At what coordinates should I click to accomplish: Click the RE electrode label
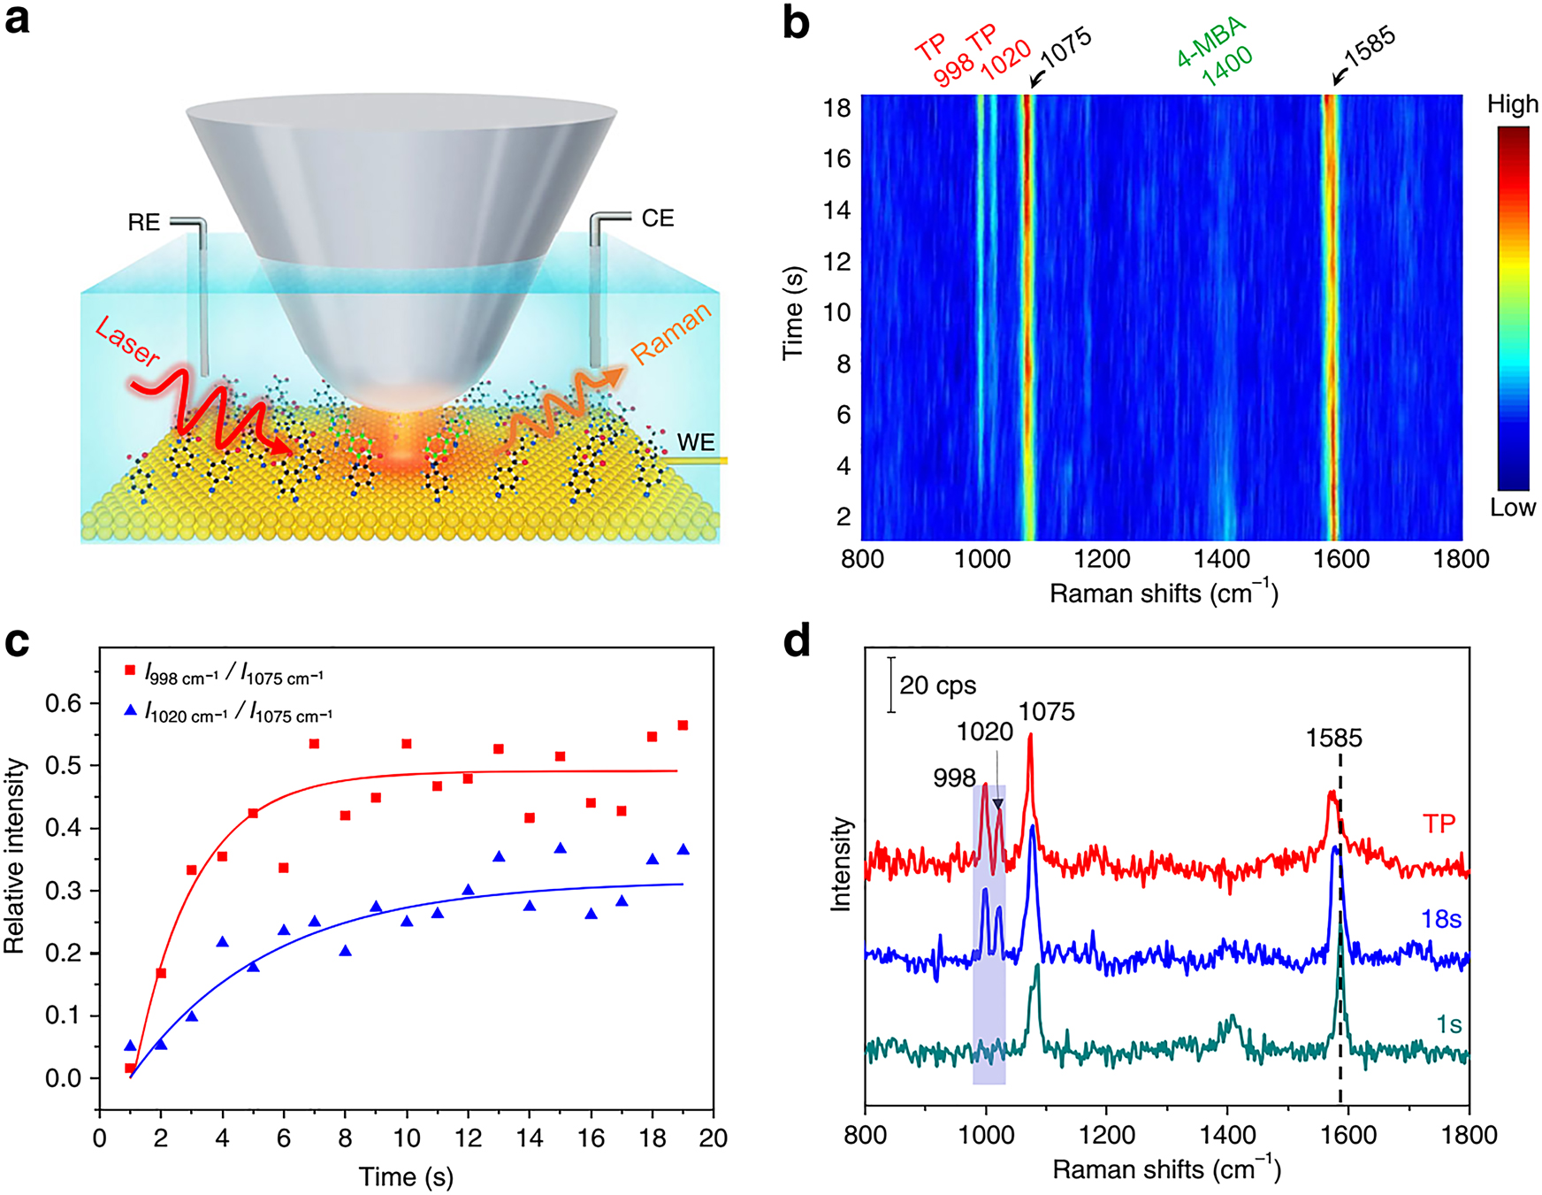[x=144, y=222]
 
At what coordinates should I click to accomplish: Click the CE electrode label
[x=657, y=218]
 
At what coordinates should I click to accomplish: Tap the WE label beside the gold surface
[x=695, y=442]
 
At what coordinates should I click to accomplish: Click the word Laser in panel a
[x=127, y=342]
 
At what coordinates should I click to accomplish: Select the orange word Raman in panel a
[x=670, y=333]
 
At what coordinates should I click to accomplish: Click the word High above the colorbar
[x=1512, y=104]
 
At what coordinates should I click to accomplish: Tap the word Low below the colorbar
[x=1512, y=508]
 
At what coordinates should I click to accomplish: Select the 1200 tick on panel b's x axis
[x=1102, y=559]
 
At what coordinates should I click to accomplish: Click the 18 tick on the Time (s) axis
[x=836, y=108]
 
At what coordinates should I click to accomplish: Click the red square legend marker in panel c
[x=131, y=672]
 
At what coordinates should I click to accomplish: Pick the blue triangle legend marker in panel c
[x=131, y=709]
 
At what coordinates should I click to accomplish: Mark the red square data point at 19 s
[x=683, y=725]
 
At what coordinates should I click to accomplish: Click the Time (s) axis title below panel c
[x=406, y=1176]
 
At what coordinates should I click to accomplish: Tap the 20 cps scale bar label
[x=937, y=686]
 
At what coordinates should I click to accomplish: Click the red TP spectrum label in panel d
[x=1439, y=824]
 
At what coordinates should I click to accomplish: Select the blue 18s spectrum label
[x=1440, y=920]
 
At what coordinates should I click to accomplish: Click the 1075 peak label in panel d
[x=1046, y=712]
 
